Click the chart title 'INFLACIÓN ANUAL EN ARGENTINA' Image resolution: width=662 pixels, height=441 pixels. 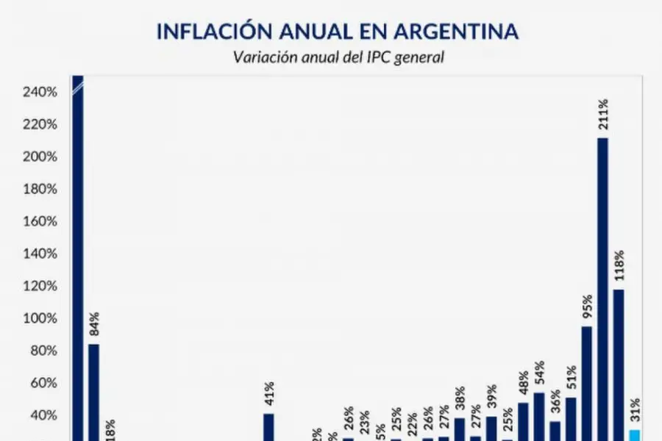pos(338,32)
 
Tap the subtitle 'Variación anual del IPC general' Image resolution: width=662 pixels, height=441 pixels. pos(338,57)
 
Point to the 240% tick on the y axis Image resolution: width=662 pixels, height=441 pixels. pos(40,92)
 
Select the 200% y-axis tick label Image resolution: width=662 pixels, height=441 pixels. pos(40,157)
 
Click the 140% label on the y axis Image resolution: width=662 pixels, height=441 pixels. pos(40,254)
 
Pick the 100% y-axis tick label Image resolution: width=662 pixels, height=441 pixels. pos(40,318)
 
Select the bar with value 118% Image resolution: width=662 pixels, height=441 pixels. pos(619,364)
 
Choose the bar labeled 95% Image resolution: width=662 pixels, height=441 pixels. pos(586,382)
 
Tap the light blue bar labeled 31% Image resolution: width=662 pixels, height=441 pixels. pos(634,434)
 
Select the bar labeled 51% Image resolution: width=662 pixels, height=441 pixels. pos(570,417)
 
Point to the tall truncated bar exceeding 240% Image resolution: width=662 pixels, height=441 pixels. pos(77,257)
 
